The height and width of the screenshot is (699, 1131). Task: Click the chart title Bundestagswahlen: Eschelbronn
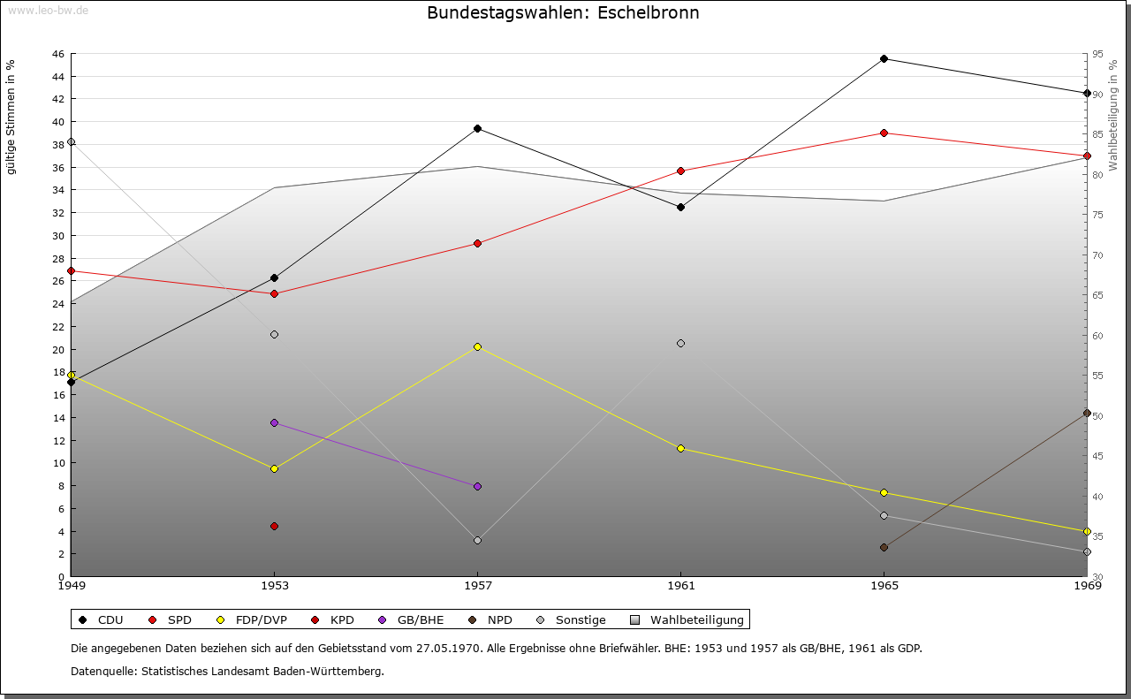[563, 13]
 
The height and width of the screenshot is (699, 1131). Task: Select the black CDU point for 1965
[884, 59]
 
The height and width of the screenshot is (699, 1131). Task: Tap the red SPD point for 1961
[680, 171]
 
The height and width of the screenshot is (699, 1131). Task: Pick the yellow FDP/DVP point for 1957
[477, 346]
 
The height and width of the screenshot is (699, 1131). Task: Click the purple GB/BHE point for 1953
[274, 422]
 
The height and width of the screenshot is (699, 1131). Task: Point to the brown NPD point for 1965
[884, 547]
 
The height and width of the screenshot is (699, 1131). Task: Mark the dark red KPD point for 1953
[274, 526]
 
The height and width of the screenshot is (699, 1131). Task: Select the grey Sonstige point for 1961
[680, 343]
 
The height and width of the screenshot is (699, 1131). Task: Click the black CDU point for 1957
[477, 128]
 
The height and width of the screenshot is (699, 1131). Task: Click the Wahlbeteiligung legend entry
[688, 619]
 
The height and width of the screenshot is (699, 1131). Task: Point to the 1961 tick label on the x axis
[680, 585]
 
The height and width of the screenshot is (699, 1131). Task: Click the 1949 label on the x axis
[72, 585]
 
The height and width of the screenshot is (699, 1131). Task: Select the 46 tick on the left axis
[57, 54]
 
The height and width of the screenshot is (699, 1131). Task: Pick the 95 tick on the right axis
[1097, 54]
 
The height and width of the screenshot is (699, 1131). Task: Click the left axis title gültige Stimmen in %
[11, 117]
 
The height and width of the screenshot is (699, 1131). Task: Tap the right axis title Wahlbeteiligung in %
[1113, 115]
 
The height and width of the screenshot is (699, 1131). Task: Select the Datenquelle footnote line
[227, 671]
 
